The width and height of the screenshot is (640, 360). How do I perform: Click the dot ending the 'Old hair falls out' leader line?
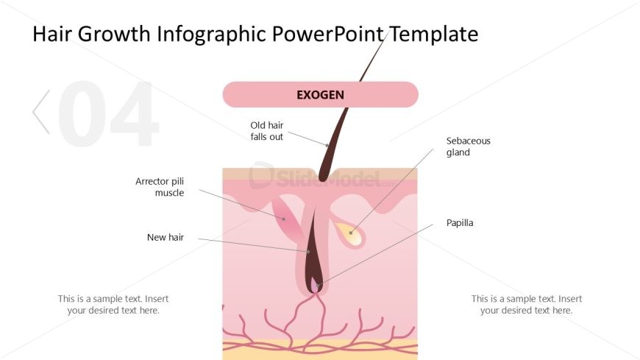[x=327, y=145]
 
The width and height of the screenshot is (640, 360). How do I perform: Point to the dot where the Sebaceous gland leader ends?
[x=351, y=233]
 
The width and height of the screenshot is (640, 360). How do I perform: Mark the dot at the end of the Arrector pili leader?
[x=284, y=219]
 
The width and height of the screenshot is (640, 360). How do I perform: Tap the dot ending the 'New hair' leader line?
[x=308, y=252]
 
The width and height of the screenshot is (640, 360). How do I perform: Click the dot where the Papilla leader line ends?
[x=317, y=285]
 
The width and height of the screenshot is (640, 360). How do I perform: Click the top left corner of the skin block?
[x=223, y=168]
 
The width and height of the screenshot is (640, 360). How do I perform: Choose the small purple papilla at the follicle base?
[x=315, y=285]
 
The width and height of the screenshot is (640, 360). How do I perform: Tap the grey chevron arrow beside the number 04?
[x=40, y=112]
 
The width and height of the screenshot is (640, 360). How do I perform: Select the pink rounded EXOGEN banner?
[x=321, y=94]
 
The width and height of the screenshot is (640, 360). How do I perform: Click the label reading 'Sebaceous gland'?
[x=468, y=147]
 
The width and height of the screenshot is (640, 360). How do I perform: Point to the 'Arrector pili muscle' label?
[x=160, y=187]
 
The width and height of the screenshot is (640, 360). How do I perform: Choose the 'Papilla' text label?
[x=460, y=223]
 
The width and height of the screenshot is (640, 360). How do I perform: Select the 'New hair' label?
[x=166, y=237]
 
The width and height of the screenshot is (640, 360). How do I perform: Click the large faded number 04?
[x=107, y=113]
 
